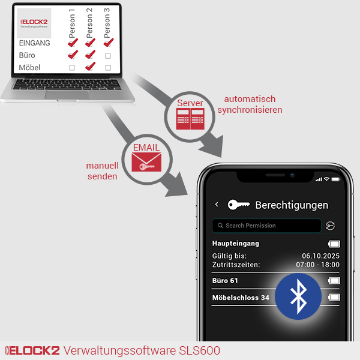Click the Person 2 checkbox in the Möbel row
(90, 67)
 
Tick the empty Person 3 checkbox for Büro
(108, 56)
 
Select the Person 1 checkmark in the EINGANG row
(73, 43)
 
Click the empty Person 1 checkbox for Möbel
(72, 67)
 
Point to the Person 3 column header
(107, 23)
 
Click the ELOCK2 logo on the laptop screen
(34, 23)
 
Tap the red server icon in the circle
(190, 119)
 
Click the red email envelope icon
(146, 162)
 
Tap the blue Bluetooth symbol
(298, 296)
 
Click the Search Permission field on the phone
(266, 226)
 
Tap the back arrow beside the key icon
(217, 204)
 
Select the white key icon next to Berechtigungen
(239, 205)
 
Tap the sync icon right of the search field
(330, 226)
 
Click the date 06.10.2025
(320, 256)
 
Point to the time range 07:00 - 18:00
(317, 265)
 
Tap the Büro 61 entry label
(225, 281)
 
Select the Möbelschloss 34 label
(241, 298)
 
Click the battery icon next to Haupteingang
(334, 244)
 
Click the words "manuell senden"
(103, 171)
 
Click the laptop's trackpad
(67, 95)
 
